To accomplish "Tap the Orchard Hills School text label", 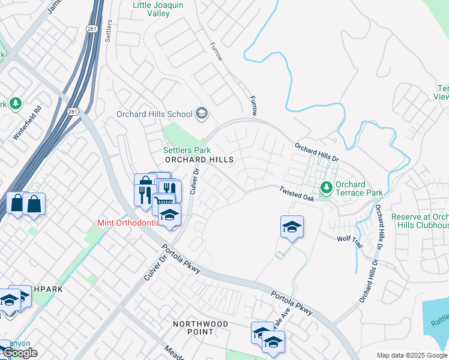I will pyautogui.click(x=154, y=114).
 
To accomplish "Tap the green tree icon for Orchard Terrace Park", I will pyautogui.click(x=327, y=188).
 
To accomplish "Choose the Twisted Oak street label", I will pyautogui.click(x=297, y=194).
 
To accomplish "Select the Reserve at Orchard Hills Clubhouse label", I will pyautogui.click(x=420, y=221).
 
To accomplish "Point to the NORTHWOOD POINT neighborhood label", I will pyautogui.click(x=200, y=328).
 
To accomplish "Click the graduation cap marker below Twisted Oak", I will pyautogui.click(x=292, y=227).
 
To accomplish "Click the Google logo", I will pyautogui.click(x=20, y=353).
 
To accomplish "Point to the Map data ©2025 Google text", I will pyautogui.click(x=411, y=355).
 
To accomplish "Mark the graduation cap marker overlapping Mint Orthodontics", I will pyautogui.click(x=170, y=214).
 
